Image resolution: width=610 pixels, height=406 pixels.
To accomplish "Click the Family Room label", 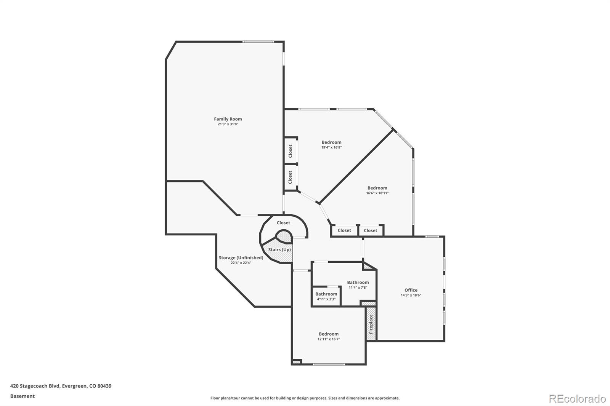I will [228, 119].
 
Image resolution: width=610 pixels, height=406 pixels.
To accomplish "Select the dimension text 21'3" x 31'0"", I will [228, 125].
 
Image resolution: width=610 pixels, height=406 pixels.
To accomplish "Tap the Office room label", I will [411, 290].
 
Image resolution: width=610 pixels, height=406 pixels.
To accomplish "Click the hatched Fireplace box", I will [371, 324].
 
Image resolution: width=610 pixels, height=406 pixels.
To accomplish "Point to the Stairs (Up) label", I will [279, 250].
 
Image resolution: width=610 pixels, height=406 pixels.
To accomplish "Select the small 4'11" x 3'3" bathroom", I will [326, 296].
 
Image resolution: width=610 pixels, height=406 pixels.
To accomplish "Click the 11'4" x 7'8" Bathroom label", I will [358, 283].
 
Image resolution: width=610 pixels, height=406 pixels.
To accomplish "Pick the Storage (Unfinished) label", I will [241, 258].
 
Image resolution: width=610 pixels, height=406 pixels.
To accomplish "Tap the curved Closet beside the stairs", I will [283, 223].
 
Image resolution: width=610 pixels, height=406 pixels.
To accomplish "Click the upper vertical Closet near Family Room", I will [291, 151].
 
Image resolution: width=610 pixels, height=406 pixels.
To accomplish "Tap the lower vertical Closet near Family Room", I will [291, 177].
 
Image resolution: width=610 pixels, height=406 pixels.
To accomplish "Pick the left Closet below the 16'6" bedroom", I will [344, 230].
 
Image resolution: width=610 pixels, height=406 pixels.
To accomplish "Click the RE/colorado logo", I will [577, 399].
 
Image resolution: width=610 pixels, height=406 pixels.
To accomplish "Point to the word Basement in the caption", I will [22, 396].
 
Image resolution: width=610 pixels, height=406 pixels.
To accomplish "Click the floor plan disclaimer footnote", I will [305, 398].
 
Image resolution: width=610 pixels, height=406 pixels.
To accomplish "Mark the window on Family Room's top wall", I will [258, 42].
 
